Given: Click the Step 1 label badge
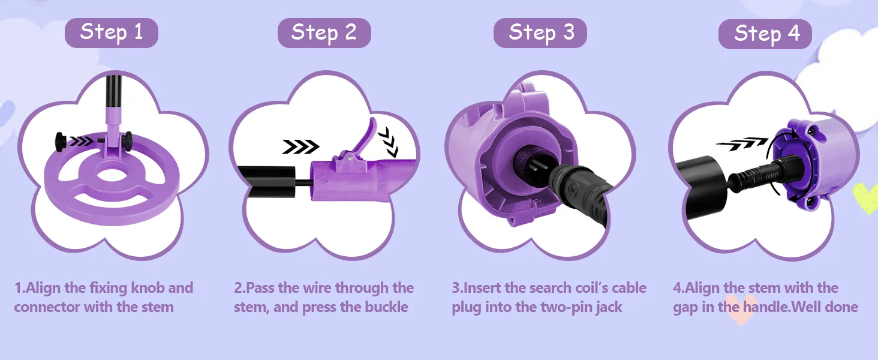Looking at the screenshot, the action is pos(112,33).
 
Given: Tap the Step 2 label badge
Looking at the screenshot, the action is pos(324,33).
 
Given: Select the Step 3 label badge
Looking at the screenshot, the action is pos(540,33).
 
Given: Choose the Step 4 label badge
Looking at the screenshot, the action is pos(765,34).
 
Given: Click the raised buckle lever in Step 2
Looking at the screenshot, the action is pos(365,137).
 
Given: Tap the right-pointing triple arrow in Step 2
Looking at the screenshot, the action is pos(300,146).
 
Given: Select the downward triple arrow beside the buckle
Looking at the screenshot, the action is pos(389,142).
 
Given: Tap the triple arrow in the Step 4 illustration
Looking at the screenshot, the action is pos(742,143).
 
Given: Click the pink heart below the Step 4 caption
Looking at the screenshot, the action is pos(740,314).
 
